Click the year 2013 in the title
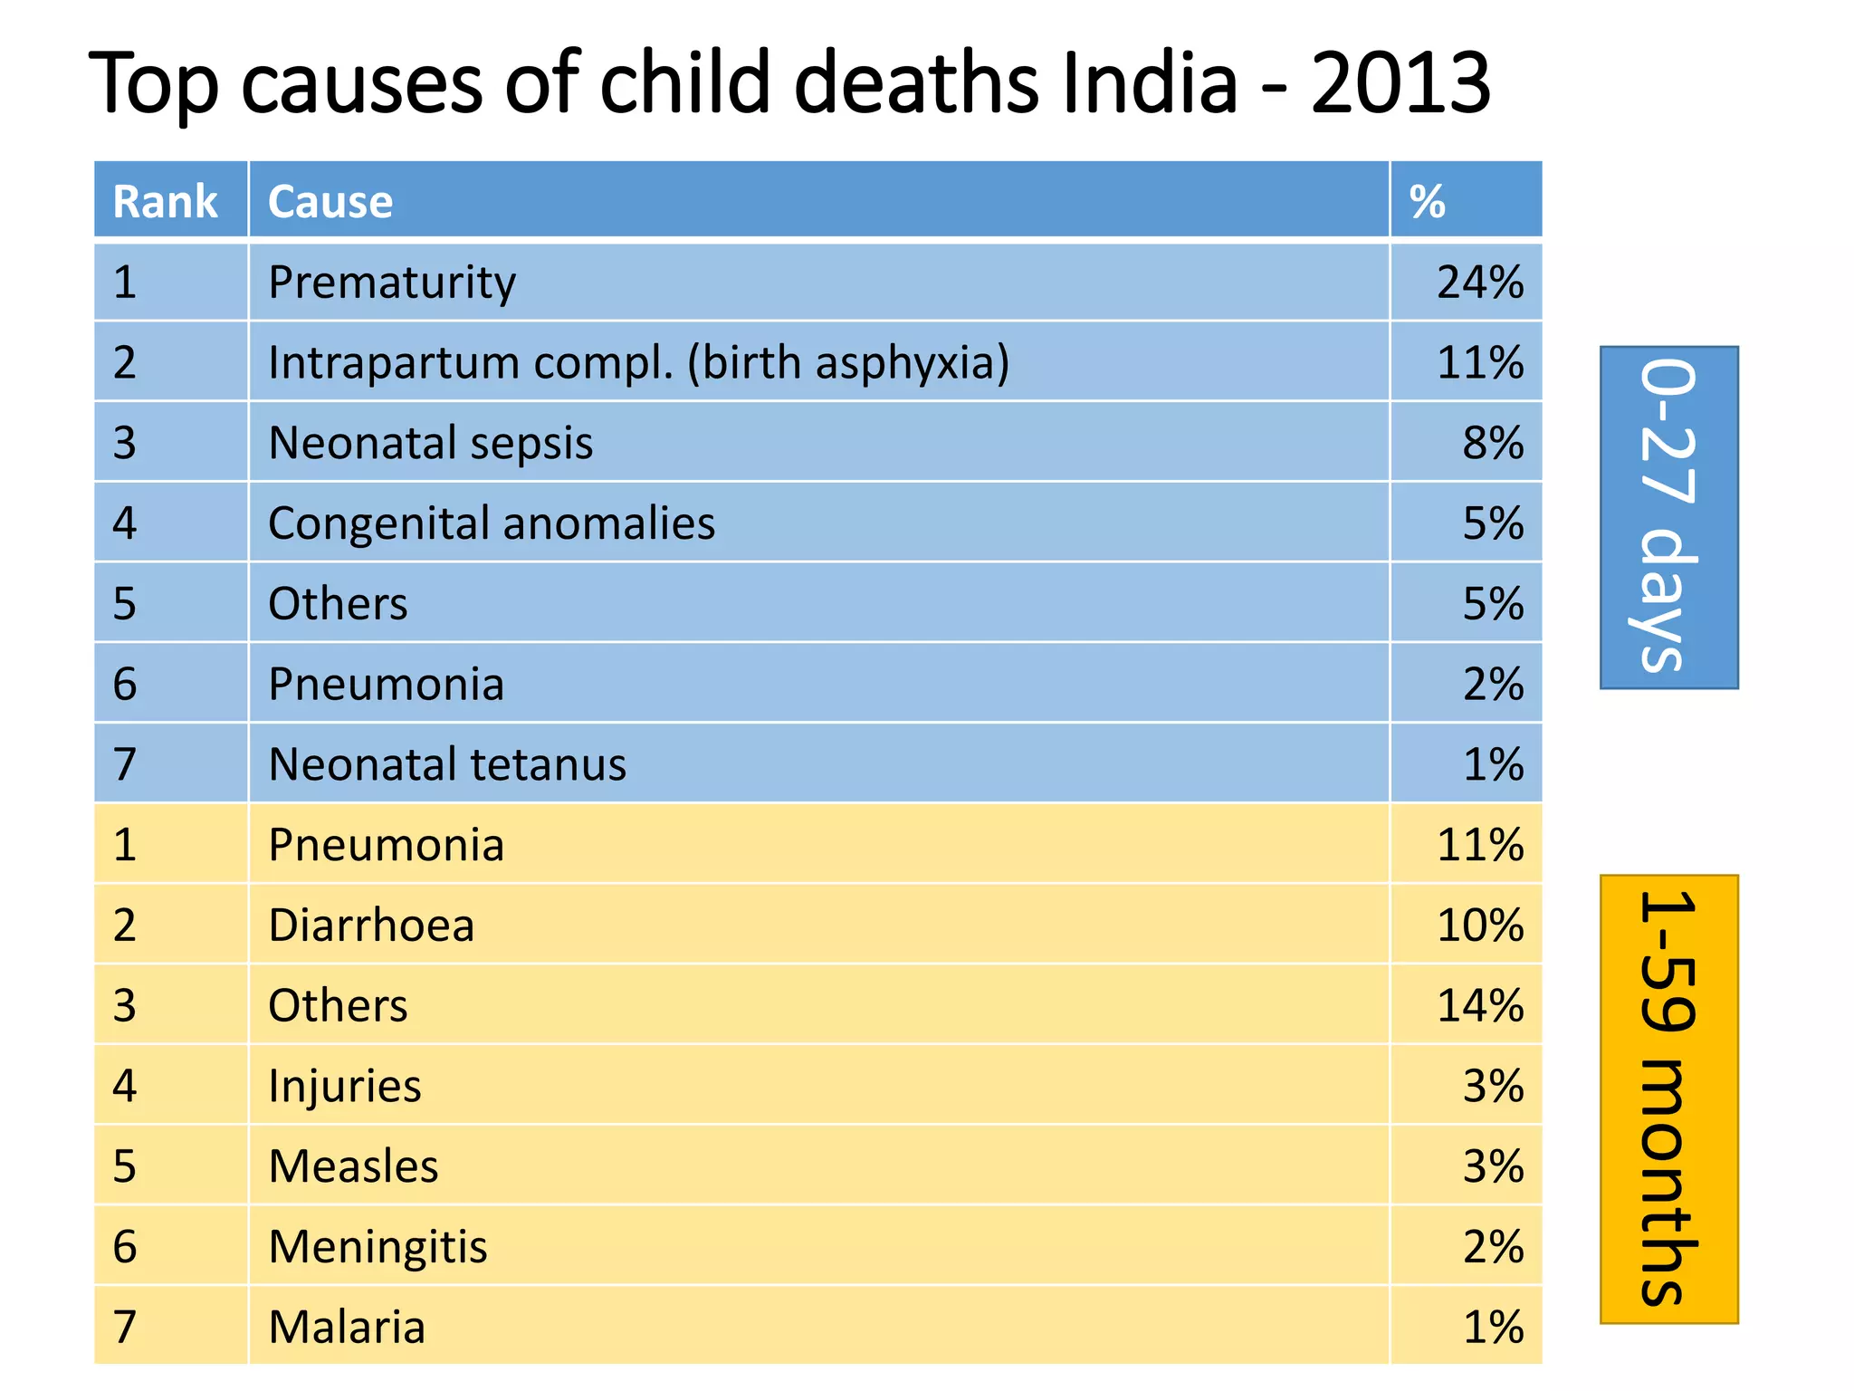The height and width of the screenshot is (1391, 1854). coord(1400,83)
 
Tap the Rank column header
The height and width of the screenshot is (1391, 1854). coord(165,201)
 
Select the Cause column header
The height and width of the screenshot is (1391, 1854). coord(330,201)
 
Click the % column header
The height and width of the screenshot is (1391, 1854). coord(1428,201)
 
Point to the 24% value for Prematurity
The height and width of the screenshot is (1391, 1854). coord(1480,283)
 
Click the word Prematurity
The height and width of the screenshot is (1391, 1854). coord(392,283)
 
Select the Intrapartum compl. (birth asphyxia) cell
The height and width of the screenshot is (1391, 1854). coord(638,363)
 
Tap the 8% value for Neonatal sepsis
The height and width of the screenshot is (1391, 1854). coord(1493,444)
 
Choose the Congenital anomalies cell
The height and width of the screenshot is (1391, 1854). coord(492,523)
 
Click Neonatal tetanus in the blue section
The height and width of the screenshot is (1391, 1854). coord(447,764)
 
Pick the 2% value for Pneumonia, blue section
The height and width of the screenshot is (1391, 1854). coord(1493,685)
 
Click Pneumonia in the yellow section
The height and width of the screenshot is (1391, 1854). coord(387,845)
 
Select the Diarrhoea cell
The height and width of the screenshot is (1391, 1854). coord(371,926)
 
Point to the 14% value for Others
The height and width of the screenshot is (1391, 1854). coord(1480,1006)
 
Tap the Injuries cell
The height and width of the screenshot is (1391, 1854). coord(345,1086)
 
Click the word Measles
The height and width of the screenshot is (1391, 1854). coord(354,1166)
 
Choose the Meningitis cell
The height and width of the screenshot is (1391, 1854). coord(378,1247)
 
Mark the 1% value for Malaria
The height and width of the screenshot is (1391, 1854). coord(1493,1328)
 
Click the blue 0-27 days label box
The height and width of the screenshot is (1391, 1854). coord(1668,517)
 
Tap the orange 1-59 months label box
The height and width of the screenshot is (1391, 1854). coord(1668,1098)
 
